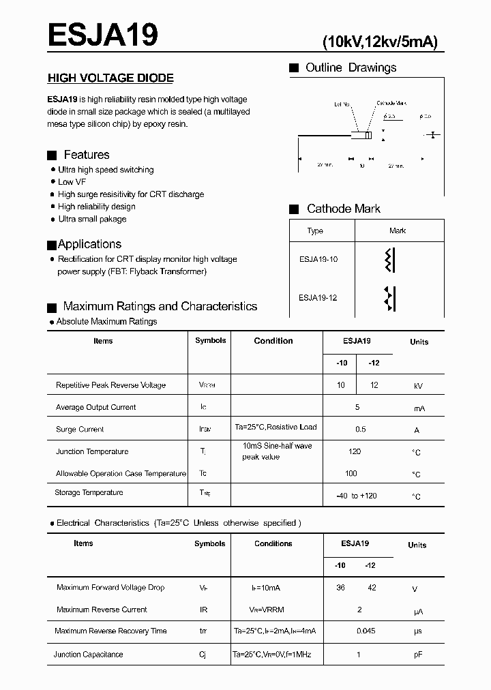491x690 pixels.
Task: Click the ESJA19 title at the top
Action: tap(103, 34)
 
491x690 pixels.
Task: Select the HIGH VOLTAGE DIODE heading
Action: tap(110, 78)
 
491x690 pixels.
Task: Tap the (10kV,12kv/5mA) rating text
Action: tap(380, 42)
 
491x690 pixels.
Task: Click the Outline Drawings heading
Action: tap(351, 67)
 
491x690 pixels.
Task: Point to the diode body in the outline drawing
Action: tap(361, 135)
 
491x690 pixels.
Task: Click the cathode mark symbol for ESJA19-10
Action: tap(391, 260)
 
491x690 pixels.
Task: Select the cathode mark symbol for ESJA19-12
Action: tap(391, 298)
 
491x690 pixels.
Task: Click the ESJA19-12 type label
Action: tap(318, 297)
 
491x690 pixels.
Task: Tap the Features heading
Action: tap(86, 155)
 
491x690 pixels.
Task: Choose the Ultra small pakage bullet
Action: tap(92, 219)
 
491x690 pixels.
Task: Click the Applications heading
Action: tap(89, 244)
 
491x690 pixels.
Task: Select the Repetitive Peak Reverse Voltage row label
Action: tap(110, 385)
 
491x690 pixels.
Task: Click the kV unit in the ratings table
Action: tap(418, 386)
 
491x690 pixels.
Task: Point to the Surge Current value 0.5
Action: tap(360, 430)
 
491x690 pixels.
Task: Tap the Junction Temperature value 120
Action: tap(355, 451)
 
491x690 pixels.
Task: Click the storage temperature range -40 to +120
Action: tap(356, 496)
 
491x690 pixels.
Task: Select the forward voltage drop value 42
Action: tap(372, 588)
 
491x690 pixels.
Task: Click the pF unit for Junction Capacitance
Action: tap(418, 655)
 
